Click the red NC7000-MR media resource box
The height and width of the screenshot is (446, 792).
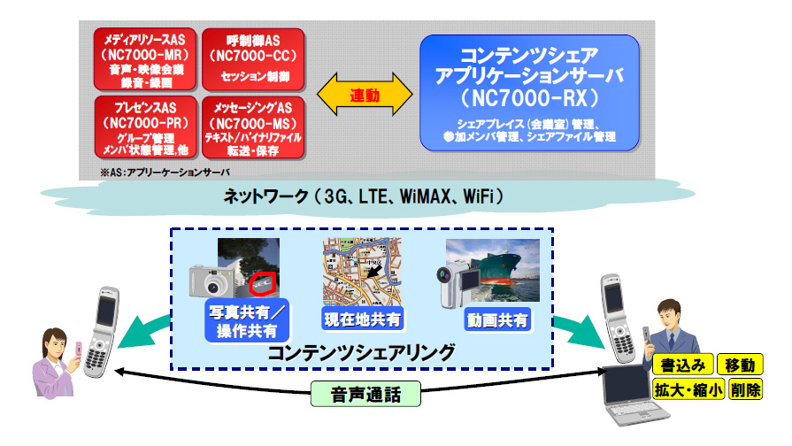coord(144,59)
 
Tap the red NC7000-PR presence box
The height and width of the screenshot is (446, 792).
coord(144,127)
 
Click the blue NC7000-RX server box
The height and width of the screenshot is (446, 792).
coord(529,90)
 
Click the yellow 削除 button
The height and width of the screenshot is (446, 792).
coord(745,389)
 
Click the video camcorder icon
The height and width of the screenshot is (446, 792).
coord(458,278)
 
